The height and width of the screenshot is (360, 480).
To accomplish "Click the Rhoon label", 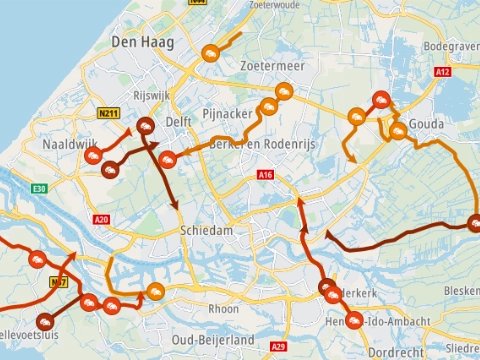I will (223, 309).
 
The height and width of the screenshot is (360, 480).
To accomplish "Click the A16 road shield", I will (265, 175).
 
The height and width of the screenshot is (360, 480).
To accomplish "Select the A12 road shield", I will (444, 72).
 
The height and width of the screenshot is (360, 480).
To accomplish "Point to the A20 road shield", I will (100, 219).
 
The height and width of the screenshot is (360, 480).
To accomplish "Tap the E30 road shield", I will (38, 188).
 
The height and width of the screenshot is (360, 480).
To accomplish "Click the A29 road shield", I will (277, 346).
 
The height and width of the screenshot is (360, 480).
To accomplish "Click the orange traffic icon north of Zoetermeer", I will (210, 53).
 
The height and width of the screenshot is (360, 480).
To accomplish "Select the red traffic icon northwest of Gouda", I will (381, 99).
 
